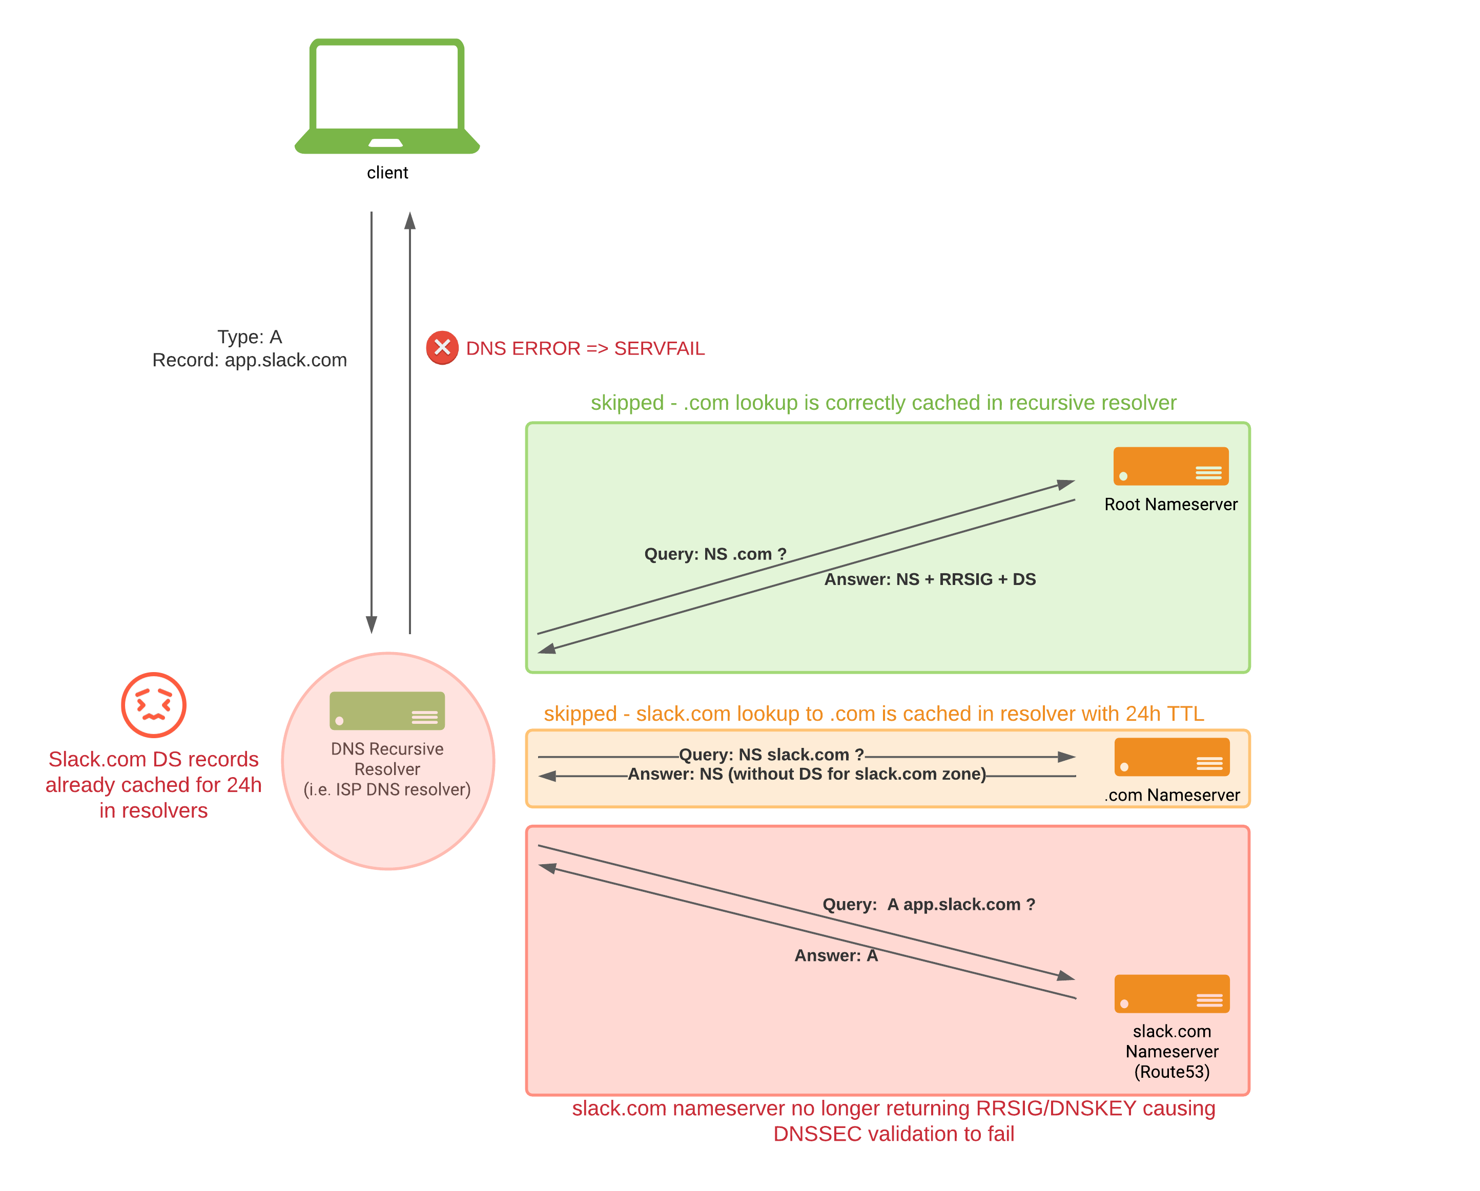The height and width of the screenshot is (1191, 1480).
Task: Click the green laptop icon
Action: (x=386, y=96)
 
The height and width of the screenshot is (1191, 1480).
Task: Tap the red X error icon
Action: (x=442, y=348)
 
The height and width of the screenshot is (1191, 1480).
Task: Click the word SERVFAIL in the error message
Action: (x=659, y=348)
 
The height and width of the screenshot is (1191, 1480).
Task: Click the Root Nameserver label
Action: (x=1170, y=504)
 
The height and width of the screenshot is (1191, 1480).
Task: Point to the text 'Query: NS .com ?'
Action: (x=714, y=554)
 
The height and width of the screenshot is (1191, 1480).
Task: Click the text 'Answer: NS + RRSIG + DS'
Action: (x=930, y=579)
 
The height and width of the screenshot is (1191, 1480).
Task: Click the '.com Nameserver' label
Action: (x=1172, y=795)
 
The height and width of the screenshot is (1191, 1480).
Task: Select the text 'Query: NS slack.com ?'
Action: (x=771, y=755)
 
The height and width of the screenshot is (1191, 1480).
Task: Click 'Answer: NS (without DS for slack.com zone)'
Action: (x=807, y=774)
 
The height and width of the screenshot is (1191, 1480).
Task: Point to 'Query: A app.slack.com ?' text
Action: (x=928, y=904)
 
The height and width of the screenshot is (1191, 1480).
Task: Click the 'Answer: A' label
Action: (x=835, y=956)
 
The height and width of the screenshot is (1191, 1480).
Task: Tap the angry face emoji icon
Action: (x=153, y=704)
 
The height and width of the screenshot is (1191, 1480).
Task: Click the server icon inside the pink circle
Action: (x=386, y=711)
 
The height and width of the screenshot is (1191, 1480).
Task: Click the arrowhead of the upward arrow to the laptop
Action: (x=410, y=220)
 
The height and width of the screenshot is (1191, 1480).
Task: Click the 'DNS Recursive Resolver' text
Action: (x=386, y=758)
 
